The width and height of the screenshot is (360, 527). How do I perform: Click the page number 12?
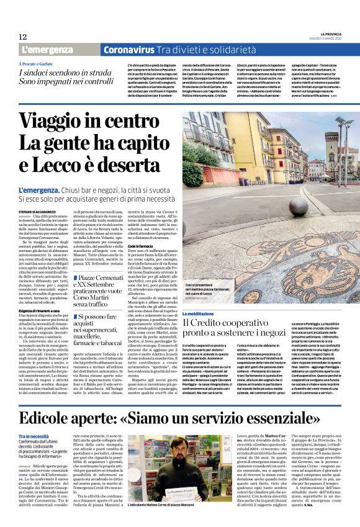coord(22,37)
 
